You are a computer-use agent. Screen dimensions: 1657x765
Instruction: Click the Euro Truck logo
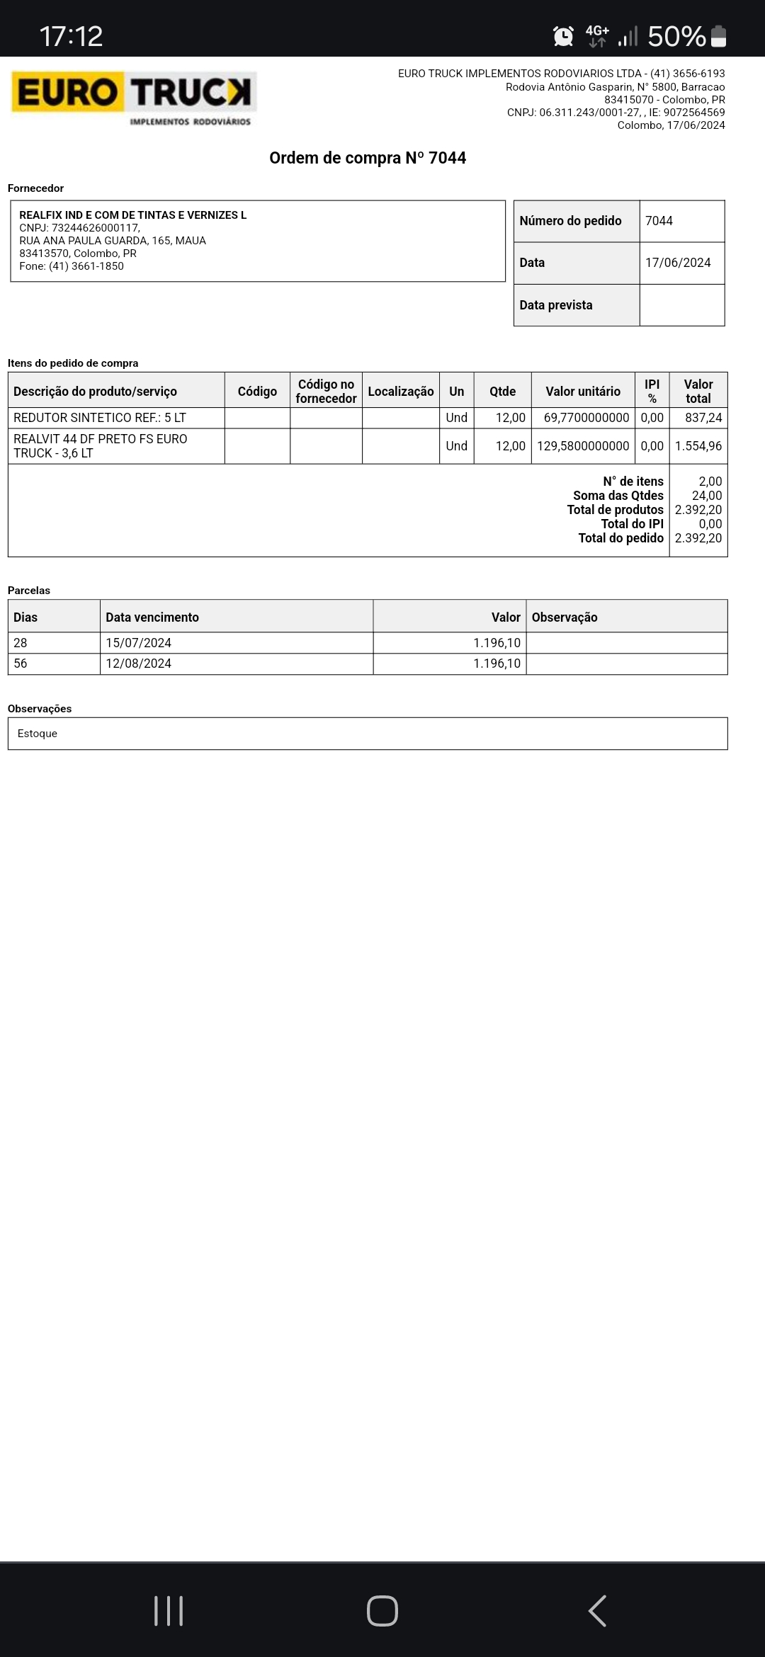pos(134,98)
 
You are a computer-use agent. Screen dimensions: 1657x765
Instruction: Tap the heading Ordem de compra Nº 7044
pos(368,158)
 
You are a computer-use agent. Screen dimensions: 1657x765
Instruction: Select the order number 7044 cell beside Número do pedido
pos(659,221)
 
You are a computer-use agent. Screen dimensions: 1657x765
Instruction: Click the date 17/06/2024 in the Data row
pos(678,263)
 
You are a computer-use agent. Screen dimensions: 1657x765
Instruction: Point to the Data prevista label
pos(555,305)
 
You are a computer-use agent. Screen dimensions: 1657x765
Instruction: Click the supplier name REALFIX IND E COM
pos(132,215)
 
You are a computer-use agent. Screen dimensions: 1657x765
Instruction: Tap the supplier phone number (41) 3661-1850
pos(86,266)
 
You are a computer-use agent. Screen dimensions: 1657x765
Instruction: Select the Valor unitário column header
pos(582,391)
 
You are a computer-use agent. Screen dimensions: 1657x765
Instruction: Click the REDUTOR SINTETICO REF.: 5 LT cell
pos(100,418)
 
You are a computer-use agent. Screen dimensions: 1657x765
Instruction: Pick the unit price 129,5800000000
pos(582,446)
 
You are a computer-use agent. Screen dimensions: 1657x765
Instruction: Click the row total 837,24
pos(703,418)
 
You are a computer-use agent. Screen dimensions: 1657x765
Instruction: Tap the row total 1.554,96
pos(698,446)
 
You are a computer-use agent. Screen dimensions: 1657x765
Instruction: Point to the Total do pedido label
pos(620,538)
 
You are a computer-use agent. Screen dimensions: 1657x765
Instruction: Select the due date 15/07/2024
pos(139,643)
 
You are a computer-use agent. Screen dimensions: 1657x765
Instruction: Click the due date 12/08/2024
pos(139,664)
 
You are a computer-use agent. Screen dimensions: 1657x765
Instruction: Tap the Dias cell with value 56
pos(21,664)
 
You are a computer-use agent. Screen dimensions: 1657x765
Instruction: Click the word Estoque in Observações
pos(38,734)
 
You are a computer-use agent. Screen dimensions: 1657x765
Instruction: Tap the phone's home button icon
pos(382,1611)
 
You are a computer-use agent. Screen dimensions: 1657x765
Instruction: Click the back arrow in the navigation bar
pos(597,1611)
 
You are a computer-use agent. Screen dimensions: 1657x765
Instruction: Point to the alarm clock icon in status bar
pos(563,36)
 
